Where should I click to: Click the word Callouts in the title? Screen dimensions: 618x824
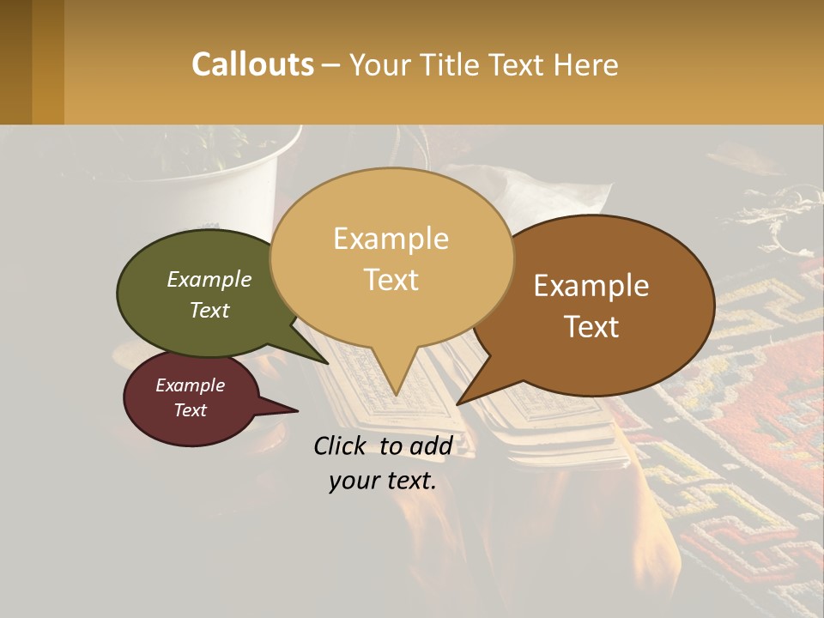(252, 64)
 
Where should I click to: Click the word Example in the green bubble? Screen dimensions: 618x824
(209, 280)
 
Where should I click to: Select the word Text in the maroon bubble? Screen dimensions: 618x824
(190, 410)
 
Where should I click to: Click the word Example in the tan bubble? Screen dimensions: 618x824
(391, 239)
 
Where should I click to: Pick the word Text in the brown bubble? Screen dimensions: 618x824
(591, 327)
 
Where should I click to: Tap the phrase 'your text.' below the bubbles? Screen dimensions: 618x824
(383, 482)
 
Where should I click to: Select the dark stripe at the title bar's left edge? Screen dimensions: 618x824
(16, 62)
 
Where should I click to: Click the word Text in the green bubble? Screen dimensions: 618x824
(209, 311)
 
